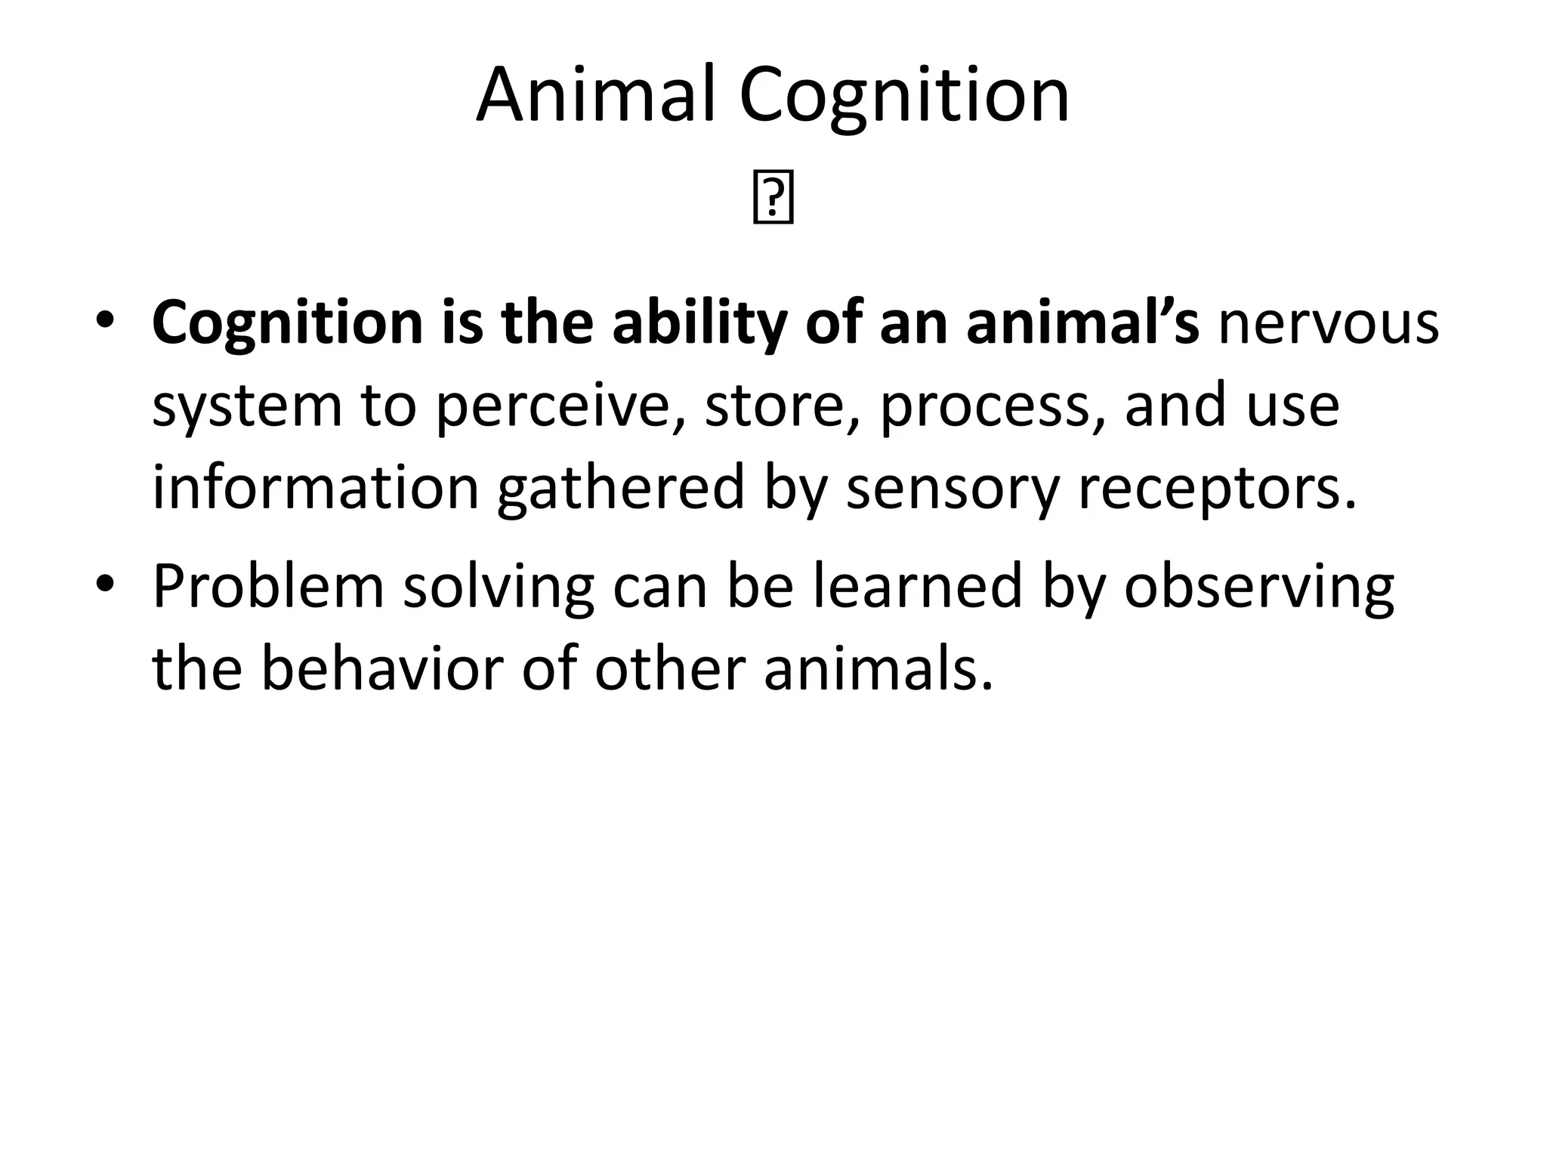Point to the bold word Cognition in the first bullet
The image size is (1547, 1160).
tap(287, 324)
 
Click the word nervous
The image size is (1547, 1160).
tap(1328, 324)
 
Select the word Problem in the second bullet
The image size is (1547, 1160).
tap(268, 587)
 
